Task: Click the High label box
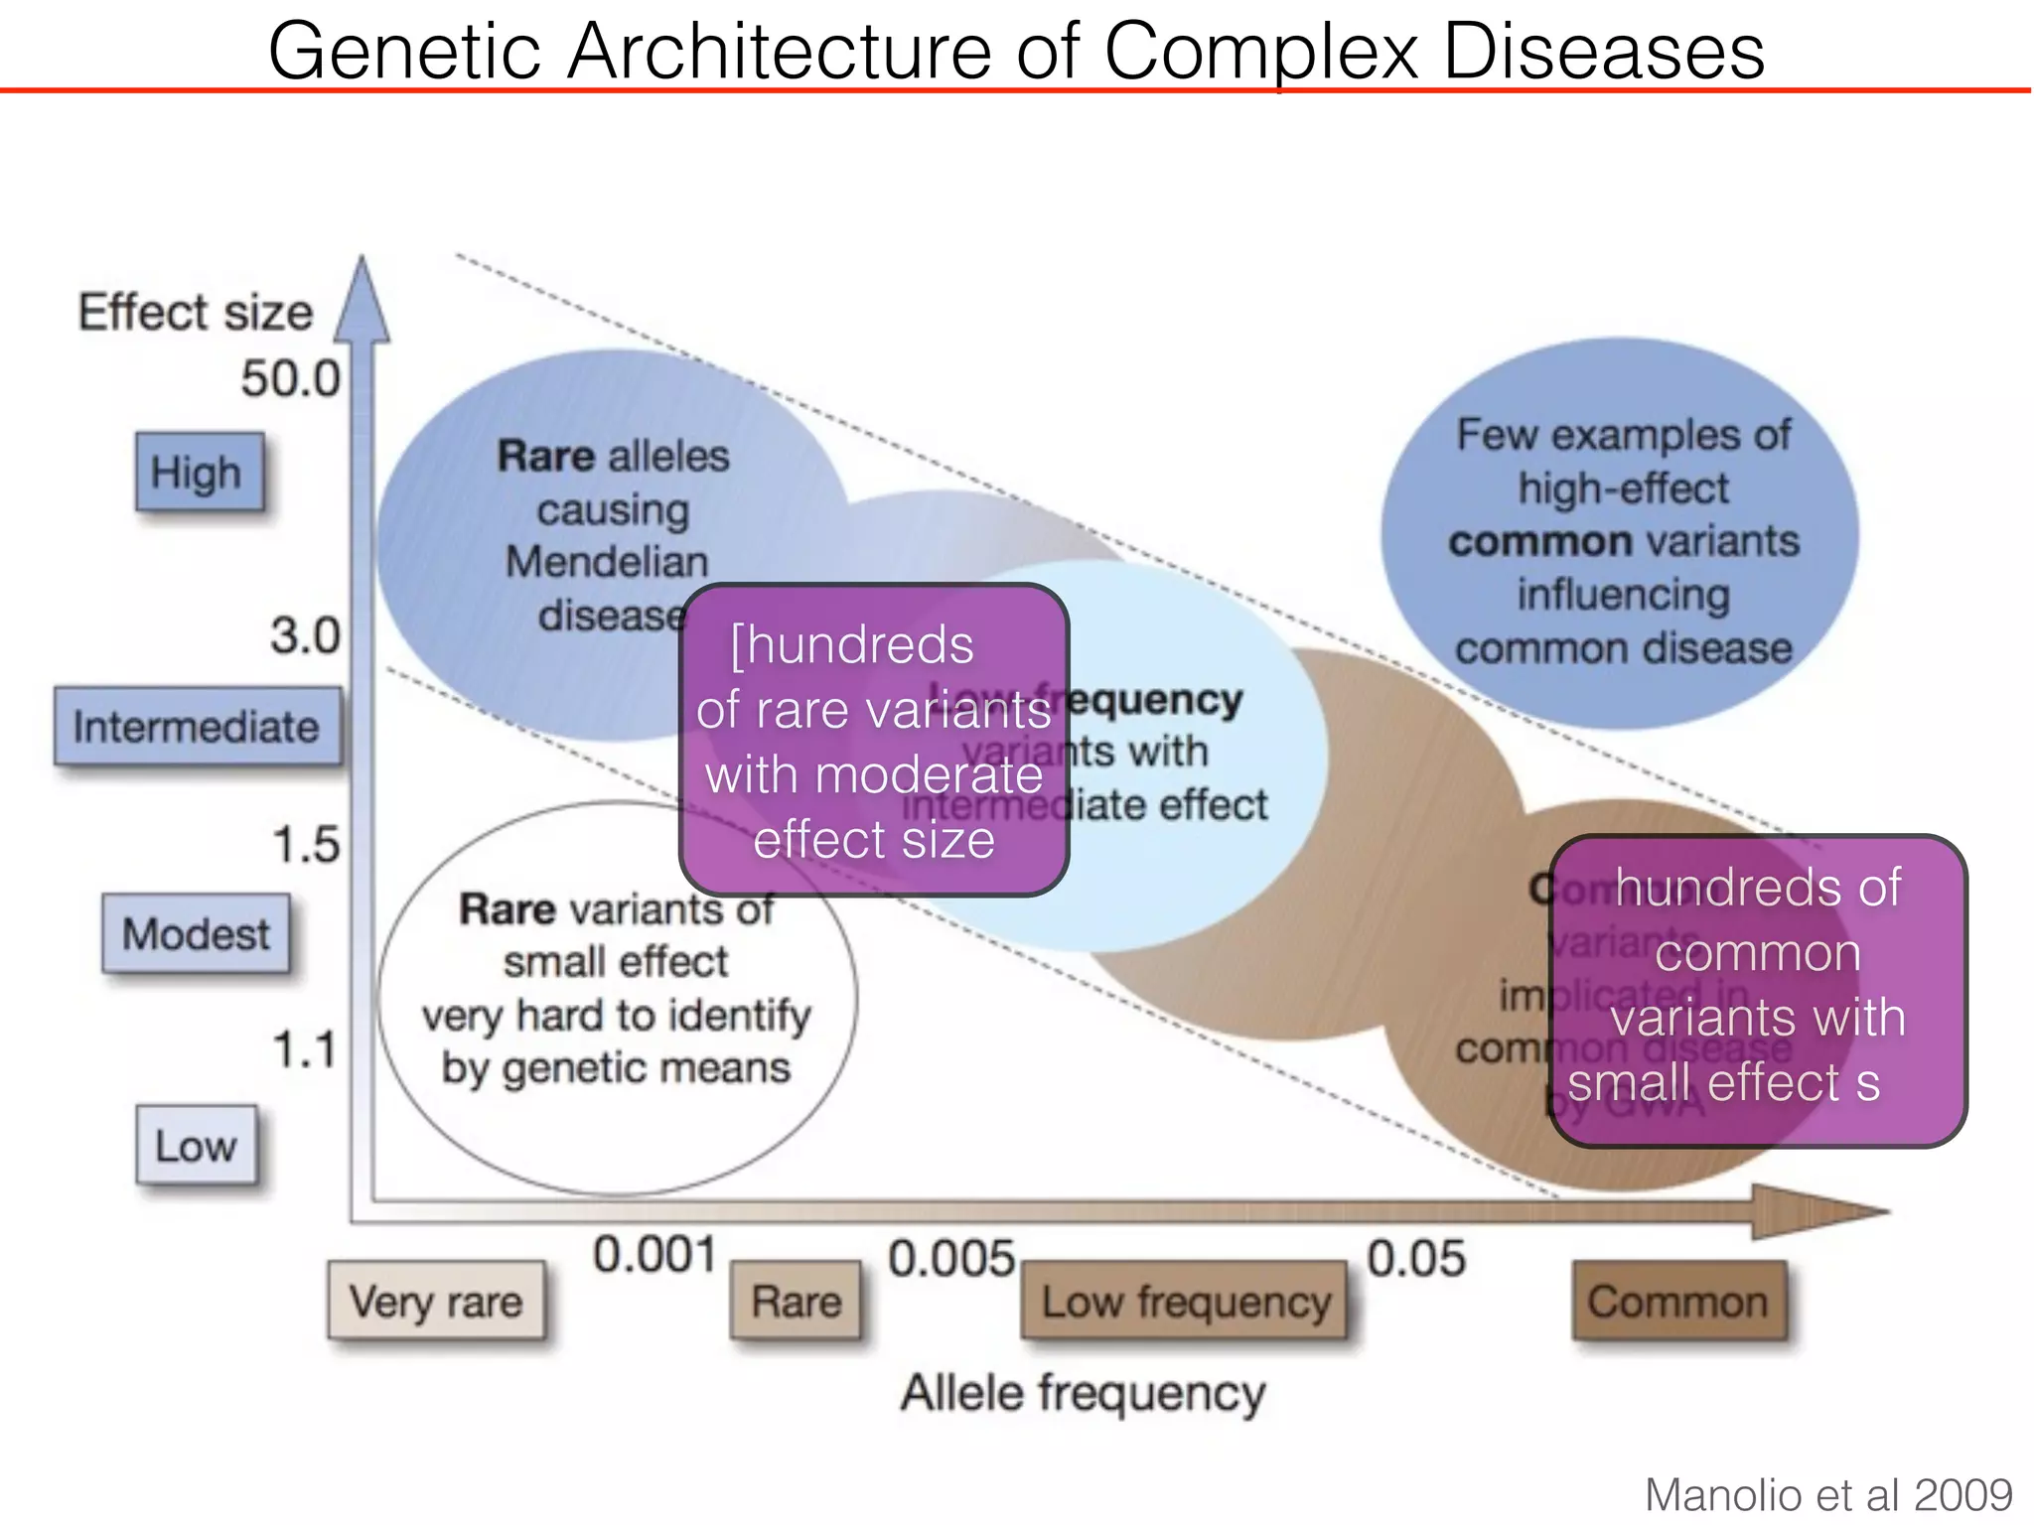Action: tap(200, 472)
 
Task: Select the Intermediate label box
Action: tap(197, 726)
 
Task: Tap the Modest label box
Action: tap(196, 933)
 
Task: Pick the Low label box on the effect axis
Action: tap(196, 1146)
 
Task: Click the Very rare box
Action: tap(436, 1301)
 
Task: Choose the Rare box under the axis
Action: tap(796, 1301)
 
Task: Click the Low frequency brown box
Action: tap(1185, 1301)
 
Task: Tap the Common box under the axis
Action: tap(1677, 1301)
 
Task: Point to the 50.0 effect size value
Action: tap(290, 378)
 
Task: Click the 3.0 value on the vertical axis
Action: tap(305, 635)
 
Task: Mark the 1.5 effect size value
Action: tap(305, 845)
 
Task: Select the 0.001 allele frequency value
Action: tap(654, 1255)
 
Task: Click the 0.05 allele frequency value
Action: tap(1415, 1258)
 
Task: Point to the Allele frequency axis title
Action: tap(1083, 1392)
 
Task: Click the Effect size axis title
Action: tap(196, 312)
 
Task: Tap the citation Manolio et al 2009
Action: tap(1827, 1494)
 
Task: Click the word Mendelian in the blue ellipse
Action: tap(607, 562)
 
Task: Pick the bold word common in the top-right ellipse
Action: tap(1538, 542)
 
